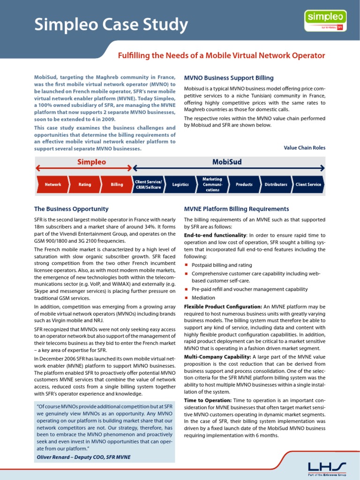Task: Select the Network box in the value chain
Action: [x=52, y=185]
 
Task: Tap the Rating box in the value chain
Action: [x=85, y=185]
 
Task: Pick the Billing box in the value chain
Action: [x=117, y=185]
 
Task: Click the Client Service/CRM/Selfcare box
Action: [x=148, y=185]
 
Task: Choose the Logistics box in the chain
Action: [x=180, y=185]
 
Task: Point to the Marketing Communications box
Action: [x=212, y=185]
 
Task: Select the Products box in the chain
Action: [x=244, y=185]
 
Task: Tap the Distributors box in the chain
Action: [x=276, y=185]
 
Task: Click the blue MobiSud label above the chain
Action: [x=227, y=162]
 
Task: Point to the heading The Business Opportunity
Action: [x=71, y=209]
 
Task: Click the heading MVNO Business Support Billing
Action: [x=229, y=78]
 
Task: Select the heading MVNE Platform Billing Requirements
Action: [x=236, y=209]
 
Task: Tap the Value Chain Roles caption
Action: [x=304, y=148]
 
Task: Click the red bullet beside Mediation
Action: [x=186, y=298]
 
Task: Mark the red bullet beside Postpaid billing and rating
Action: [x=186, y=265]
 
